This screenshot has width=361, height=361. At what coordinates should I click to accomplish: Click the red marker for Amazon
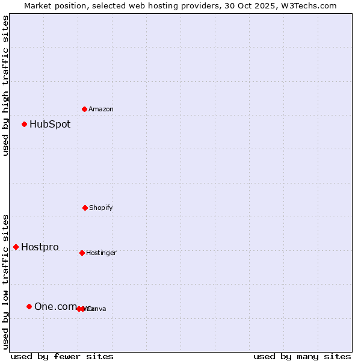pyautogui.click(x=84, y=109)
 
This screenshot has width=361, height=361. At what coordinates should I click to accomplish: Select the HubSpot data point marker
pyautogui.click(x=24, y=124)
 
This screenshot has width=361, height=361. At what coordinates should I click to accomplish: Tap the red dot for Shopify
pyautogui.click(x=85, y=208)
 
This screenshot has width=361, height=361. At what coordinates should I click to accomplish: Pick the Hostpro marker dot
pyautogui.click(x=16, y=247)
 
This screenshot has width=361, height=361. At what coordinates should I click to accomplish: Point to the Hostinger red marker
pyautogui.click(x=82, y=253)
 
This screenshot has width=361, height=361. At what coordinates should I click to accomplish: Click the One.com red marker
pyautogui.click(x=29, y=306)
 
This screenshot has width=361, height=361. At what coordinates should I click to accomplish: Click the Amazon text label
pyautogui.click(x=101, y=110)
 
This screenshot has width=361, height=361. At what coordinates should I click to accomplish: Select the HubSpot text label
pyautogui.click(x=50, y=125)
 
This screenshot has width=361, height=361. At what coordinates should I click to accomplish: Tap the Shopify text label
pyautogui.click(x=101, y=208)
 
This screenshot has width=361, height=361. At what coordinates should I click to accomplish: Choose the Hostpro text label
pyautogui.click(x=40, y=247)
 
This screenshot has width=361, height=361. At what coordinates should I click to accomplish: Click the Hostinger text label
pyautogui.click(x=101, y=253)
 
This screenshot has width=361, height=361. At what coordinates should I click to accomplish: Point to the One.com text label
pyautogui.click(x=55, y=307)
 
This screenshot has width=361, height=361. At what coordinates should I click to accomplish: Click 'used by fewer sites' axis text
pyautogui.click(x=62, y=356)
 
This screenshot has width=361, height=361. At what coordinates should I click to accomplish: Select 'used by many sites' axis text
pyautogui.click(x=302, y=356)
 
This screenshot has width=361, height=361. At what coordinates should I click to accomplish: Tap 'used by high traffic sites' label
pyautogui.click(x=6, y=85)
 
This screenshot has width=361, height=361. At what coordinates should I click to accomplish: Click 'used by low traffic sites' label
pyautogui.click(x=6, y=282)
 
